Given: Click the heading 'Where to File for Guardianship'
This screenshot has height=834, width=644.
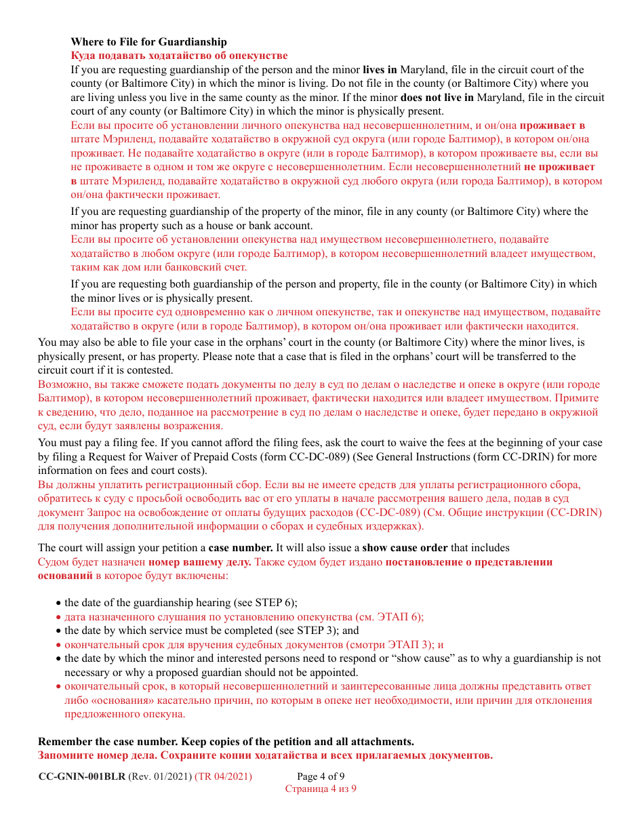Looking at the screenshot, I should click(x=148, y=42).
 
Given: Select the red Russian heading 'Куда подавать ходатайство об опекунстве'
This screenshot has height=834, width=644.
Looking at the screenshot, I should click(x=179, y=56).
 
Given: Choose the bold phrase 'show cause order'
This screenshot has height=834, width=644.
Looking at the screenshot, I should click(x=405, y=547).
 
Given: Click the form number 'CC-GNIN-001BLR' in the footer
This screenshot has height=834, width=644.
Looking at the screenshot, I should click(x=81, y=776).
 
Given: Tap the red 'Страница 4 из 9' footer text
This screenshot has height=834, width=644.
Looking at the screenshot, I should click(x=321, y=789).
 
